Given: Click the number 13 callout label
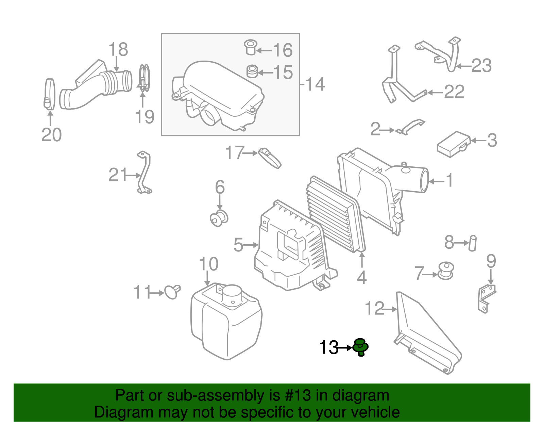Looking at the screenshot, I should (x=328, y=347).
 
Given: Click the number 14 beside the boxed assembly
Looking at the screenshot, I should (x=315, y=84).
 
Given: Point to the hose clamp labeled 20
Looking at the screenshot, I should (x=49, y=94).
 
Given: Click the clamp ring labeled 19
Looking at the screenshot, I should (x=144, y=78).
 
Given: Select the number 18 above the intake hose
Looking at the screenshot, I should (x=118, y=50).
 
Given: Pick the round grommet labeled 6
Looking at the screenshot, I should (x=219, y=218).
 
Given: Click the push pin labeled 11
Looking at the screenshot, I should (x=172, y=292).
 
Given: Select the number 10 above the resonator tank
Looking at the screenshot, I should (x=208, y=264).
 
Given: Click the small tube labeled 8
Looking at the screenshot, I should (x=473, y=243).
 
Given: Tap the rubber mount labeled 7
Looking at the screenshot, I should (x=446, y=271).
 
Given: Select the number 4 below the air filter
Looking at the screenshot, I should (x=362, y=278).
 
